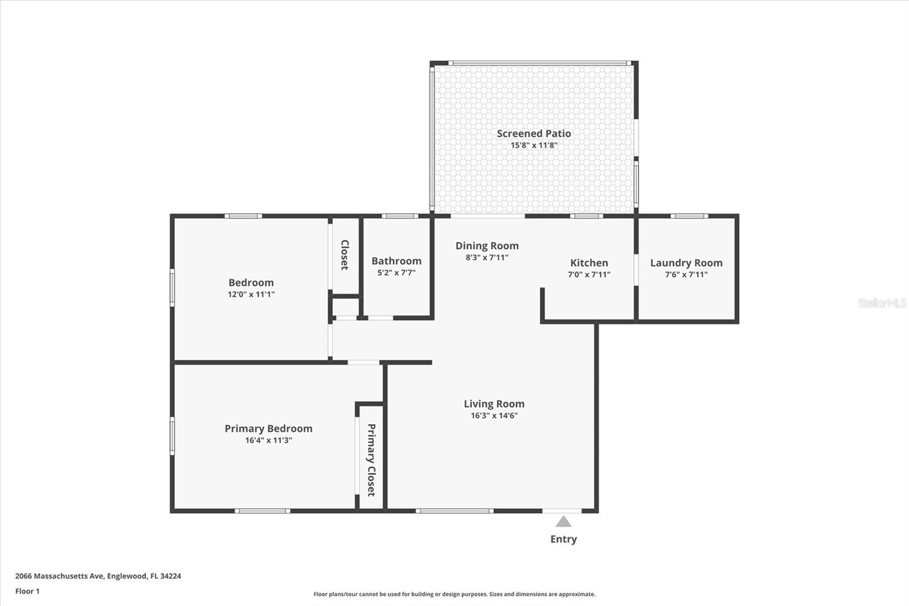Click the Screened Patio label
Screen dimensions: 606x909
[x=533, y=134]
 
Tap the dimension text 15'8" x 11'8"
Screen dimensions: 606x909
[x=533, y=146]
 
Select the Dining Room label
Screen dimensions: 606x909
[x=487, y=246]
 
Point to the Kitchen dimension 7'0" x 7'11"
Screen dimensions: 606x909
[x=589, y=275]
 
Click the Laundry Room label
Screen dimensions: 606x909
[x=686, y=263]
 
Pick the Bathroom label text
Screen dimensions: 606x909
[x=396, y=261]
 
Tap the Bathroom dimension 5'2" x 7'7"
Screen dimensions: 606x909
[x=396, y=273]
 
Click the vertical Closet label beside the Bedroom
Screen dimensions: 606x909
[x=344, y=255]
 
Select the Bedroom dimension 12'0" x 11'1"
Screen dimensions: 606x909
[x=251, y=294]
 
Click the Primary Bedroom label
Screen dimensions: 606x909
[x=268, y=429]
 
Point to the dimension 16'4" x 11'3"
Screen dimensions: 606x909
[x=268, y=441]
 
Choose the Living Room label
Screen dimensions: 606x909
[x=494, y=404]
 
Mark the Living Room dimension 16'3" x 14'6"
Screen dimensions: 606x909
[x=494, y=416]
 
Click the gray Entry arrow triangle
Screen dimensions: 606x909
[x=563, y=522]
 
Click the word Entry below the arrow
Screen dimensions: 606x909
[x=563, y=539]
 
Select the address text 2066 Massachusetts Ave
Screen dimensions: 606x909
[x=60, y=576]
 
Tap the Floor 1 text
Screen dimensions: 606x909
[x=27, y=591]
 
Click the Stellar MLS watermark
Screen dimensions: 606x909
[x=882, y=303]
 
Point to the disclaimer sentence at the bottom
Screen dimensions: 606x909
[x=454, y=594]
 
